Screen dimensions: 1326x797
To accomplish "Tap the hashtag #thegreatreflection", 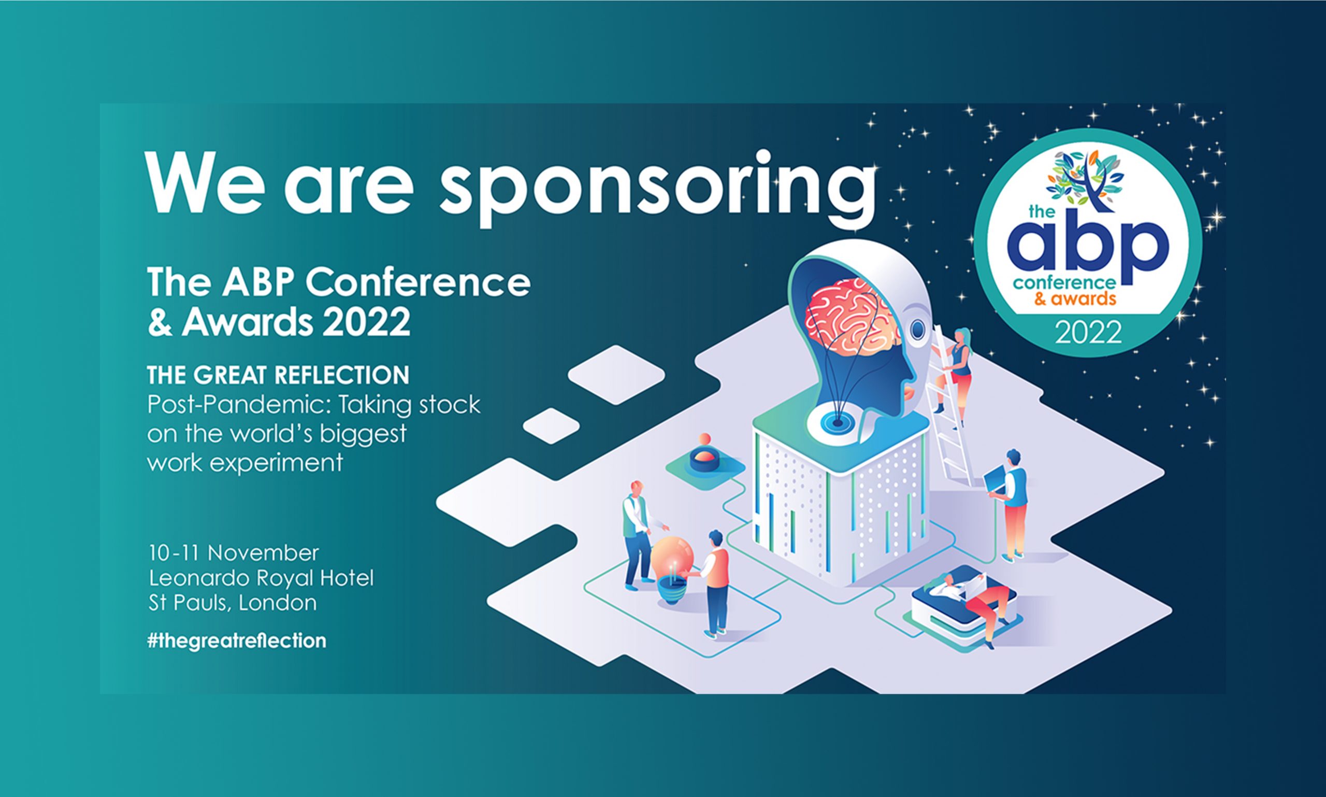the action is (x=237, y=641).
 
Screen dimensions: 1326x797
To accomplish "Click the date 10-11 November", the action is (x=234, y=552).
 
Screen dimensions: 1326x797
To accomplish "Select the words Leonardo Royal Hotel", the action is (x=261, y=578).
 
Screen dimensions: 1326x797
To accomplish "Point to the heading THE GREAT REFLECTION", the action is (x=278, y=375).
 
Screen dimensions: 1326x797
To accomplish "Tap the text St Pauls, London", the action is (x=233, y=603).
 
